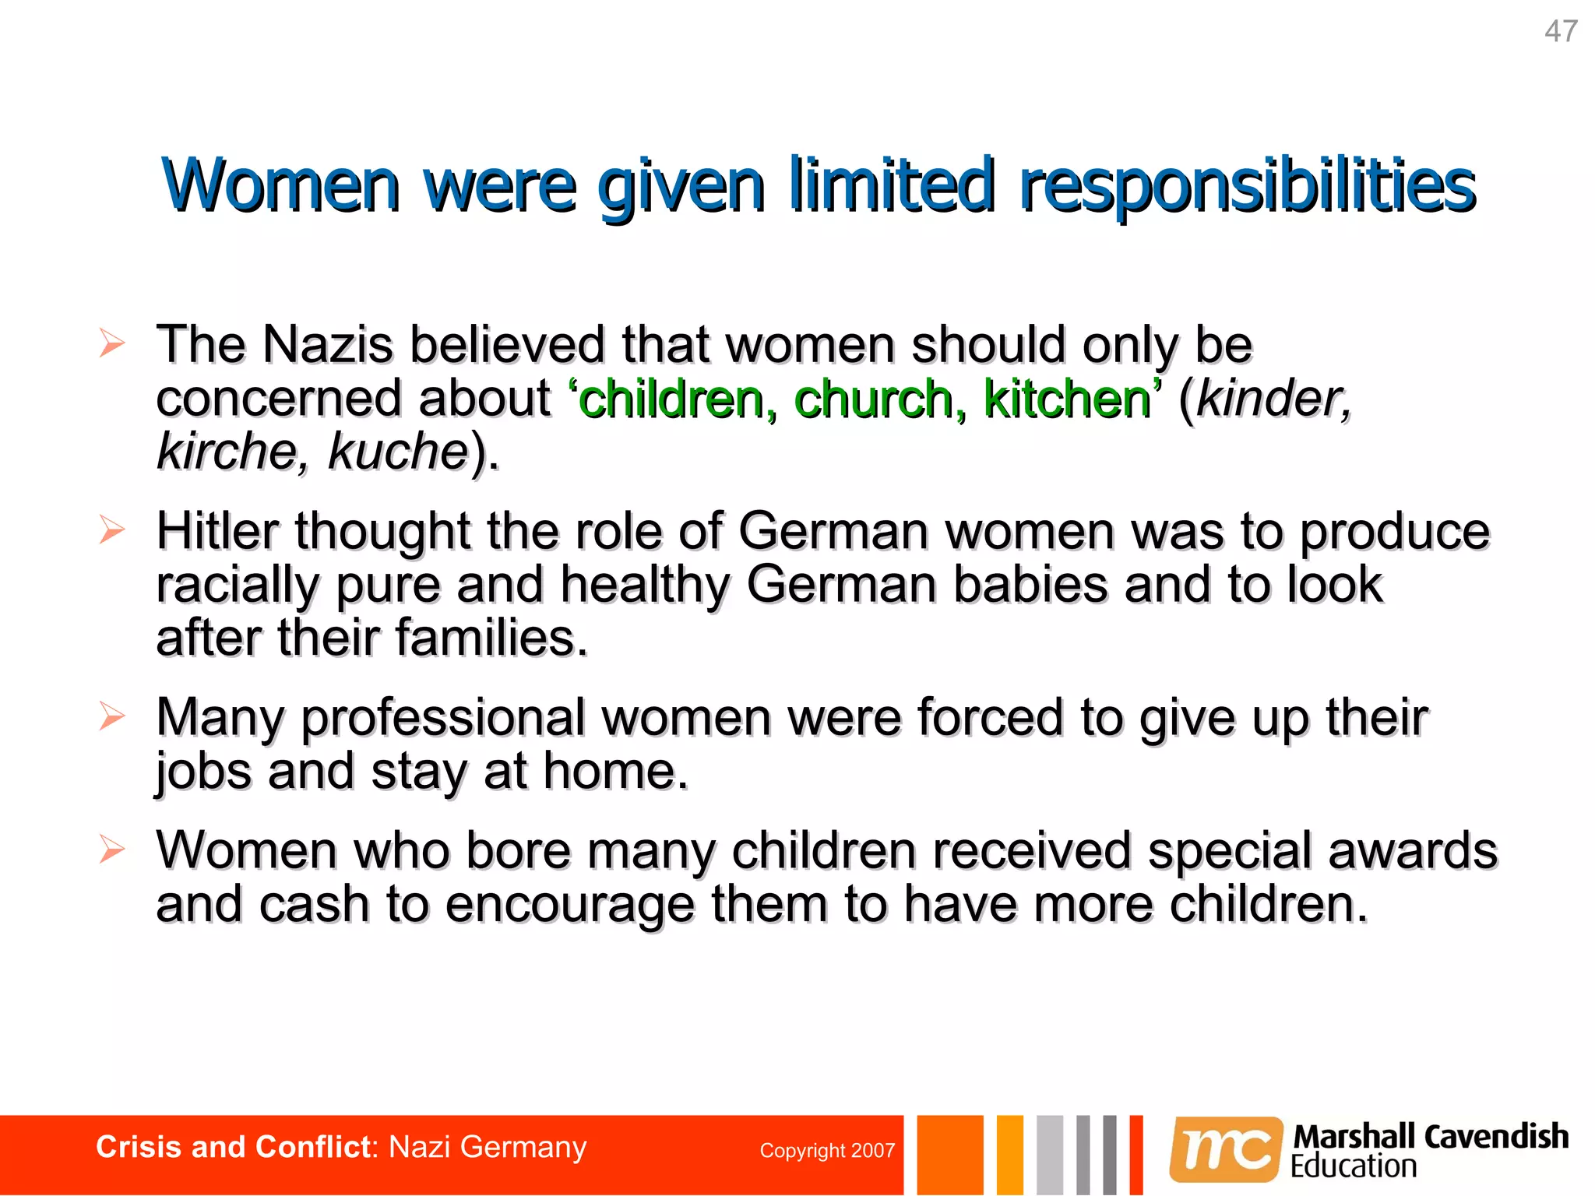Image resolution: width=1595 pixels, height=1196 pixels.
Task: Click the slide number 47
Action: coord(1561,32)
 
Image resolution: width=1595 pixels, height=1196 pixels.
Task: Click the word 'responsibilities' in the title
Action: coord(1247,187)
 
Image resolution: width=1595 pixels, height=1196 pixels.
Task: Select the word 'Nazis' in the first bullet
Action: coord(328,344)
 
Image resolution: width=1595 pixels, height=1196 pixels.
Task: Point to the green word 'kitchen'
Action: coord(1067,399)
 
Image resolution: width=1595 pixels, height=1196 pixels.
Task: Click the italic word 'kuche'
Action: coord(397,452)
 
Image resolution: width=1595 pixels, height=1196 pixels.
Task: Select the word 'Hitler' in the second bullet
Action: coord(217,532)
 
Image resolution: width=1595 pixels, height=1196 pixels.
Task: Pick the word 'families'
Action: coord(490,638)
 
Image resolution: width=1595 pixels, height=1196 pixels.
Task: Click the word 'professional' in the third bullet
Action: coord(443,718)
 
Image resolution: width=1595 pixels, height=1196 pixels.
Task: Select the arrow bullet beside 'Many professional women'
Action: coord(112,716)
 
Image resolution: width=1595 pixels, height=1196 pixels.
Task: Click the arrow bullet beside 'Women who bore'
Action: coord(112,849)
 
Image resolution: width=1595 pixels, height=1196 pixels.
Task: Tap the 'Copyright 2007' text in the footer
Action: coord(826,1151)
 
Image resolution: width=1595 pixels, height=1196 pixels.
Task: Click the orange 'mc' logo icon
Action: coord(1226,1149)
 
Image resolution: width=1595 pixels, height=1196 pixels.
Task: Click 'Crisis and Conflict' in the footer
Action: coord(233,1148)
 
